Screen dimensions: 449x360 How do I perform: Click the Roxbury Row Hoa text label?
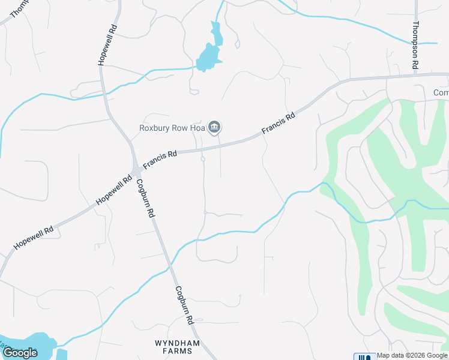click(172, 127)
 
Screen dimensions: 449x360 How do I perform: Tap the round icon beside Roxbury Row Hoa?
click(214, 127)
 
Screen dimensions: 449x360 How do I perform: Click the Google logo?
click(20, 353)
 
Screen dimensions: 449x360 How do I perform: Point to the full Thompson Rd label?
click(415, 46)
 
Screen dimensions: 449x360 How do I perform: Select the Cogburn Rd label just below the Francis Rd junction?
click(146, 198)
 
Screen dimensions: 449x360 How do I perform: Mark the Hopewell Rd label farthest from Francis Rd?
click(32, 238)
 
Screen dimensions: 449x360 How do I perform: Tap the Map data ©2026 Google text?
click(412, 356)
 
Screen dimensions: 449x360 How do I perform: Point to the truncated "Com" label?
click(441, 92)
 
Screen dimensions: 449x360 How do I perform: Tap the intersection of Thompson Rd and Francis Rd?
click(415, 76)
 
